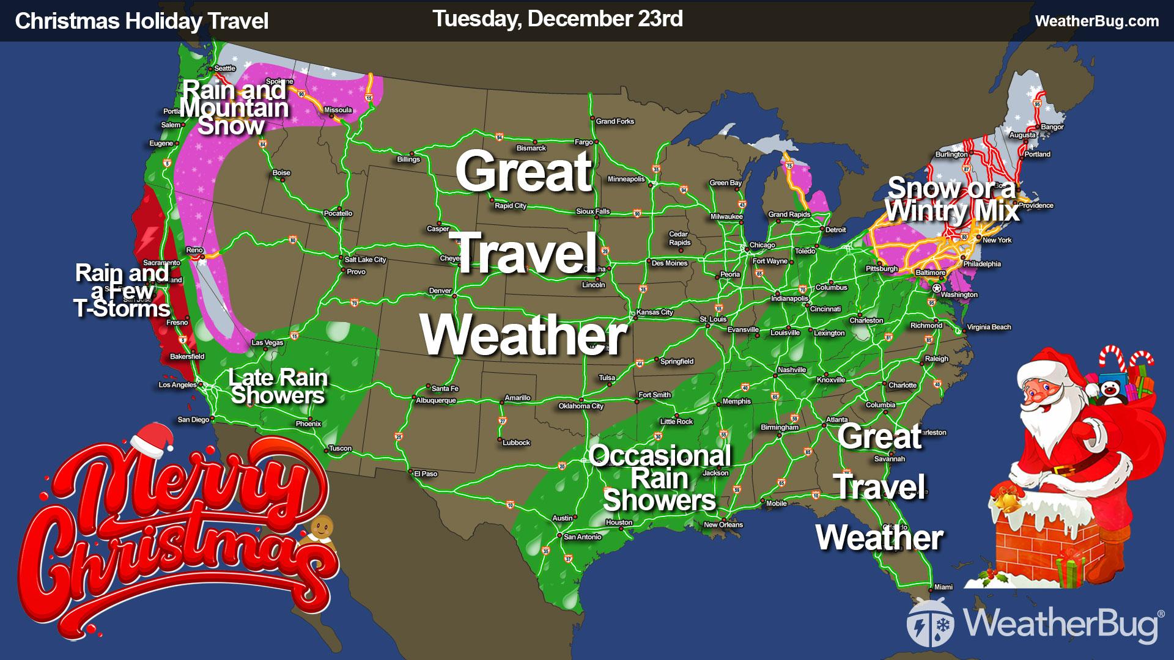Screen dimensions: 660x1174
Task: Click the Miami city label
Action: tap(943, 587)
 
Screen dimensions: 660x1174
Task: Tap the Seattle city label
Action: tap(225, 68)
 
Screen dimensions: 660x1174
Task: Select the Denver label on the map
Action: tap(440, 291)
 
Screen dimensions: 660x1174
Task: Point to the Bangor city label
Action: tap(1052, 127)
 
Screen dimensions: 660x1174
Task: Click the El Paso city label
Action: tap(426, 474)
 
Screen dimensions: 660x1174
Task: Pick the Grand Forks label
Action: tap(615, 122)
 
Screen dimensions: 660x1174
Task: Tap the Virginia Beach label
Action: tap(989, 327)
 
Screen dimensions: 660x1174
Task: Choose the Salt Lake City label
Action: tap(366, 260)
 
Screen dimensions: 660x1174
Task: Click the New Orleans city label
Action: tap(723, 524)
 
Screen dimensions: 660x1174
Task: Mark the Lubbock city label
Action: tap(516, 442)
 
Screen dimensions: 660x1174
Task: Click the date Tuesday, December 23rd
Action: tap(558, 19)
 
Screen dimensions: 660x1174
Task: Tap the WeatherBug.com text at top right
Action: tap(1097, 21)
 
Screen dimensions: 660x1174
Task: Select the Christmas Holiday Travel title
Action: tap(142, 21)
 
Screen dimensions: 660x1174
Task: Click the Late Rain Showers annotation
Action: tap(278, 386)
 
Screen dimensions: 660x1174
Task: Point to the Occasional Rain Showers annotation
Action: tap(660, 478)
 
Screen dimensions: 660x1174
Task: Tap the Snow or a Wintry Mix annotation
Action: tap(952, 200)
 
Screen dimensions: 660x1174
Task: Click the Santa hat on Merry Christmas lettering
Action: tap(149, 439)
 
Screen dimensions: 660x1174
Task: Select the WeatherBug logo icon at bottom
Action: tap(928, 622)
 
